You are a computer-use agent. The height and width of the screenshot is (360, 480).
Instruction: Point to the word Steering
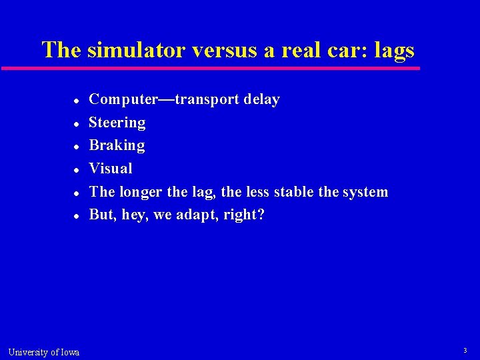[x=117, y=123]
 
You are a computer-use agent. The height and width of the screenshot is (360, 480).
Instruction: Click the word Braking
[x=117, y=145]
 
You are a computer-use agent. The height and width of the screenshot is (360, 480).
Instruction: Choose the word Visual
[x=111, y=169]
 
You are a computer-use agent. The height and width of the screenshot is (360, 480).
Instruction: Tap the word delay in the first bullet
[x=261, y=99]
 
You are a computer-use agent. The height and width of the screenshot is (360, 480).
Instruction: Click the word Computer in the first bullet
[x=122, y=99]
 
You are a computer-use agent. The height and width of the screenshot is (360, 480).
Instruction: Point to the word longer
[x=141, y=192]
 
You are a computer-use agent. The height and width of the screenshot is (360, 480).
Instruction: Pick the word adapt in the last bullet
[x=195, y=215]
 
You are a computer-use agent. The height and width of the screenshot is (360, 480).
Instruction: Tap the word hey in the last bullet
[x=134, y=215]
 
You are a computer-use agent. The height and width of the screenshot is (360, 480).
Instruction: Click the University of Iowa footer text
[x=44, y=352]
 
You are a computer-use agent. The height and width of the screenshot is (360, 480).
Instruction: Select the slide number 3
[x=465, y=351]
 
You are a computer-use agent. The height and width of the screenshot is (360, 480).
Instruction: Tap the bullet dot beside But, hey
[x=77, y=216]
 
